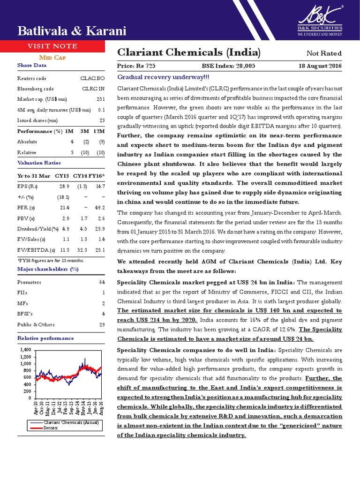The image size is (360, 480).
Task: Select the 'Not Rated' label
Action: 324,53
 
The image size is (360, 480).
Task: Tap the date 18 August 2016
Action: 320,66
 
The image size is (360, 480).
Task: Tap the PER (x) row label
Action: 26,207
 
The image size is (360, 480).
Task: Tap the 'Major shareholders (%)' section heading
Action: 41,269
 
